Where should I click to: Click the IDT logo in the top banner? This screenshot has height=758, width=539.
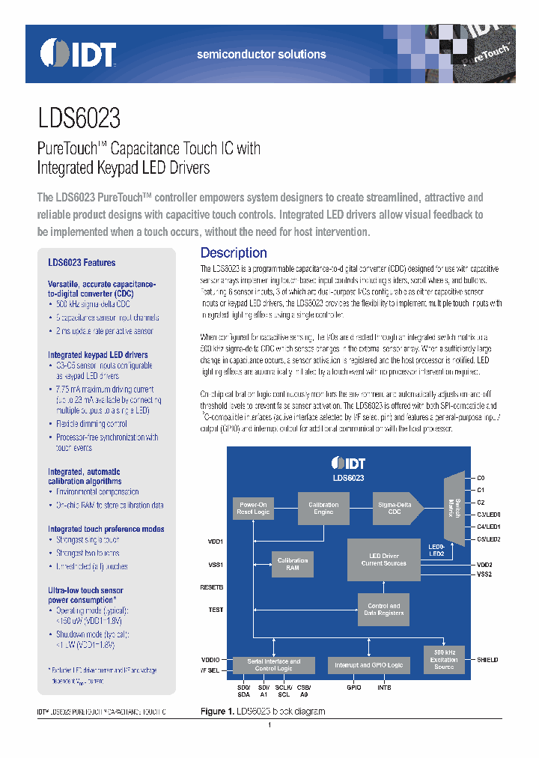tap(78, 54)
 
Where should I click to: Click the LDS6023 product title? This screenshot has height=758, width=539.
tap(79, 118)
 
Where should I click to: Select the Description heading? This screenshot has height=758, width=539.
tap(234, 253)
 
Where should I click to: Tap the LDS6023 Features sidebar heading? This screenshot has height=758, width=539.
tap(82, 263)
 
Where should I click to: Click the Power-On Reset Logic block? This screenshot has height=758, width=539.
tap(252, 509)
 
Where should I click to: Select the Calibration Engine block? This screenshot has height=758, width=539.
tap(323, 509)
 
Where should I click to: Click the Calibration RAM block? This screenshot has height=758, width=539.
tap(293, 564)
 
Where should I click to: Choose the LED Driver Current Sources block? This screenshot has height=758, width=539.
tap(383, 560)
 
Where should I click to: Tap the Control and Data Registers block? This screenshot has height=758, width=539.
tap(383, 609)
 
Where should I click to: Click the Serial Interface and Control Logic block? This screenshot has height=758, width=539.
tap(273, 664)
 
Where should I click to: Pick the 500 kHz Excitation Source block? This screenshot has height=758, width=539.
tap(444, 658)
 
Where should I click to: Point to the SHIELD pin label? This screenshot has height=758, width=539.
tap(487, 659)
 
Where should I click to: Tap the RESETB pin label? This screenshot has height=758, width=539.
tap(212, 586)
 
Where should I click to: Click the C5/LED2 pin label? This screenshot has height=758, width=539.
tap(488, 539)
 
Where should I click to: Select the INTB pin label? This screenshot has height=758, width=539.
tap(384, 687)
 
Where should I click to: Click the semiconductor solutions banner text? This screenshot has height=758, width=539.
tap(261, 55)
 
